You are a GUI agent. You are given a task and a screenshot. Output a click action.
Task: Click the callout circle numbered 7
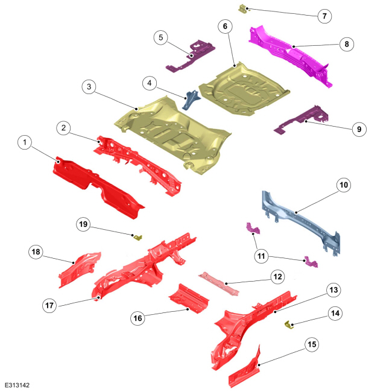324,16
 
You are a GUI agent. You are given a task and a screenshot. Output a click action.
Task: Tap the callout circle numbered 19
83,224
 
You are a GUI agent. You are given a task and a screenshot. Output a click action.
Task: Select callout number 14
335,314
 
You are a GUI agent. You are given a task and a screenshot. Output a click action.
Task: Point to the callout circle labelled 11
261,256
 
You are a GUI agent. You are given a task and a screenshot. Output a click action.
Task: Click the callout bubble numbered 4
150,83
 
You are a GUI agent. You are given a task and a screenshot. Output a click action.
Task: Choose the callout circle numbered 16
138,318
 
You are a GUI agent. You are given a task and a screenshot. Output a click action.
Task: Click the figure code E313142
17,385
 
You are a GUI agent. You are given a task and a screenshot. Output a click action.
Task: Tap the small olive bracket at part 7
242,9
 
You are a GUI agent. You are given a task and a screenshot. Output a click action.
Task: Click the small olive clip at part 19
138,238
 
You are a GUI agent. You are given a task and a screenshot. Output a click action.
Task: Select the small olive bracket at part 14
289,325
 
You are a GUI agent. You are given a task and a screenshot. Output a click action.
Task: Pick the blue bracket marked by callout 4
191,99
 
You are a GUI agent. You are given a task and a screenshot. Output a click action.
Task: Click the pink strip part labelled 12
219,284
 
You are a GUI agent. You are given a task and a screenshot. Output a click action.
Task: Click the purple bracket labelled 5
191,57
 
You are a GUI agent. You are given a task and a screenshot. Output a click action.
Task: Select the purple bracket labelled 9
303,119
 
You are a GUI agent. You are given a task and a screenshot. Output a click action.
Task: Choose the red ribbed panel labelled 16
189,299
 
